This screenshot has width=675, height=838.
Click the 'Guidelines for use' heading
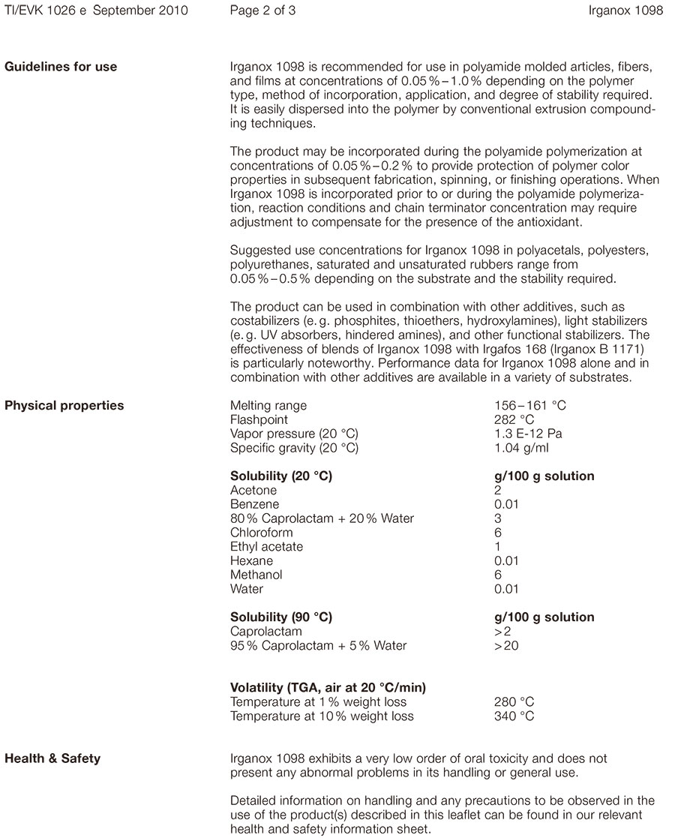click(x=61, y=67)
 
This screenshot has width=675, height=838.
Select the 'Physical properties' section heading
click(x=64, y=406)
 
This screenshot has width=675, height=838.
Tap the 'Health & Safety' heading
click(x=52, y=758)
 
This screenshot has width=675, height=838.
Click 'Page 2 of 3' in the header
click(x=263, y=11)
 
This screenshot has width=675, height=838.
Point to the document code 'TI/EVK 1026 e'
click(x=48, y=11)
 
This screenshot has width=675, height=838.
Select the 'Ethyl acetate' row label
click(x=267, y=547)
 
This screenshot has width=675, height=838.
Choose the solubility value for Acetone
click(x=498, y=491)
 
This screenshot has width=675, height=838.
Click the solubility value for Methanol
click(x=498, y=575)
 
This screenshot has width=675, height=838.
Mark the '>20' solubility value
click(x=506, y=645)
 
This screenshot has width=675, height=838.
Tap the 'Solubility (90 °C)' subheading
click(x=281, y=617)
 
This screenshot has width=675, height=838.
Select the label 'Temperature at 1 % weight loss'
click(x=318, y=702)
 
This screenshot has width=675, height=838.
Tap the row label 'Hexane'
click(x=251, y=561)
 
